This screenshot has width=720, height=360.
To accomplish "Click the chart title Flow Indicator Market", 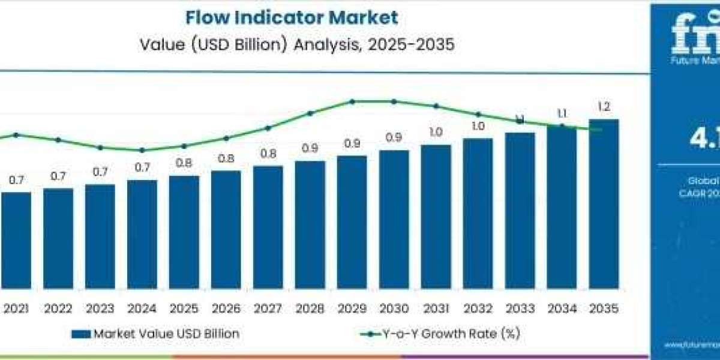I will [x=292, y=17].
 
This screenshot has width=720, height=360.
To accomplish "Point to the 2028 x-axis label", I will [x=310, y=309].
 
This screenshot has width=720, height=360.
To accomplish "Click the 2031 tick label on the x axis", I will [x=436, y=309].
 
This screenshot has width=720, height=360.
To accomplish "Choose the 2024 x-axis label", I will [x=142, y=309].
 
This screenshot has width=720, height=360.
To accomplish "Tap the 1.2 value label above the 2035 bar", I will [x=604, y=107].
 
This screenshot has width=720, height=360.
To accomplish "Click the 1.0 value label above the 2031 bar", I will [x=436, y=132].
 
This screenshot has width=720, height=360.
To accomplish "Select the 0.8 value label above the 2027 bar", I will [x=268, y=154].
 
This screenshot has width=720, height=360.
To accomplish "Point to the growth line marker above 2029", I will [x=352, y=101].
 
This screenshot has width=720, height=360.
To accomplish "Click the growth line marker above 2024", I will [x=142, y=150].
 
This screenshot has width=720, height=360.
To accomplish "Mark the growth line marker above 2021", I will [x=16, y=135].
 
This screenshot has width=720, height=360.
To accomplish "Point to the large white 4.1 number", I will [x=704, y=139].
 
